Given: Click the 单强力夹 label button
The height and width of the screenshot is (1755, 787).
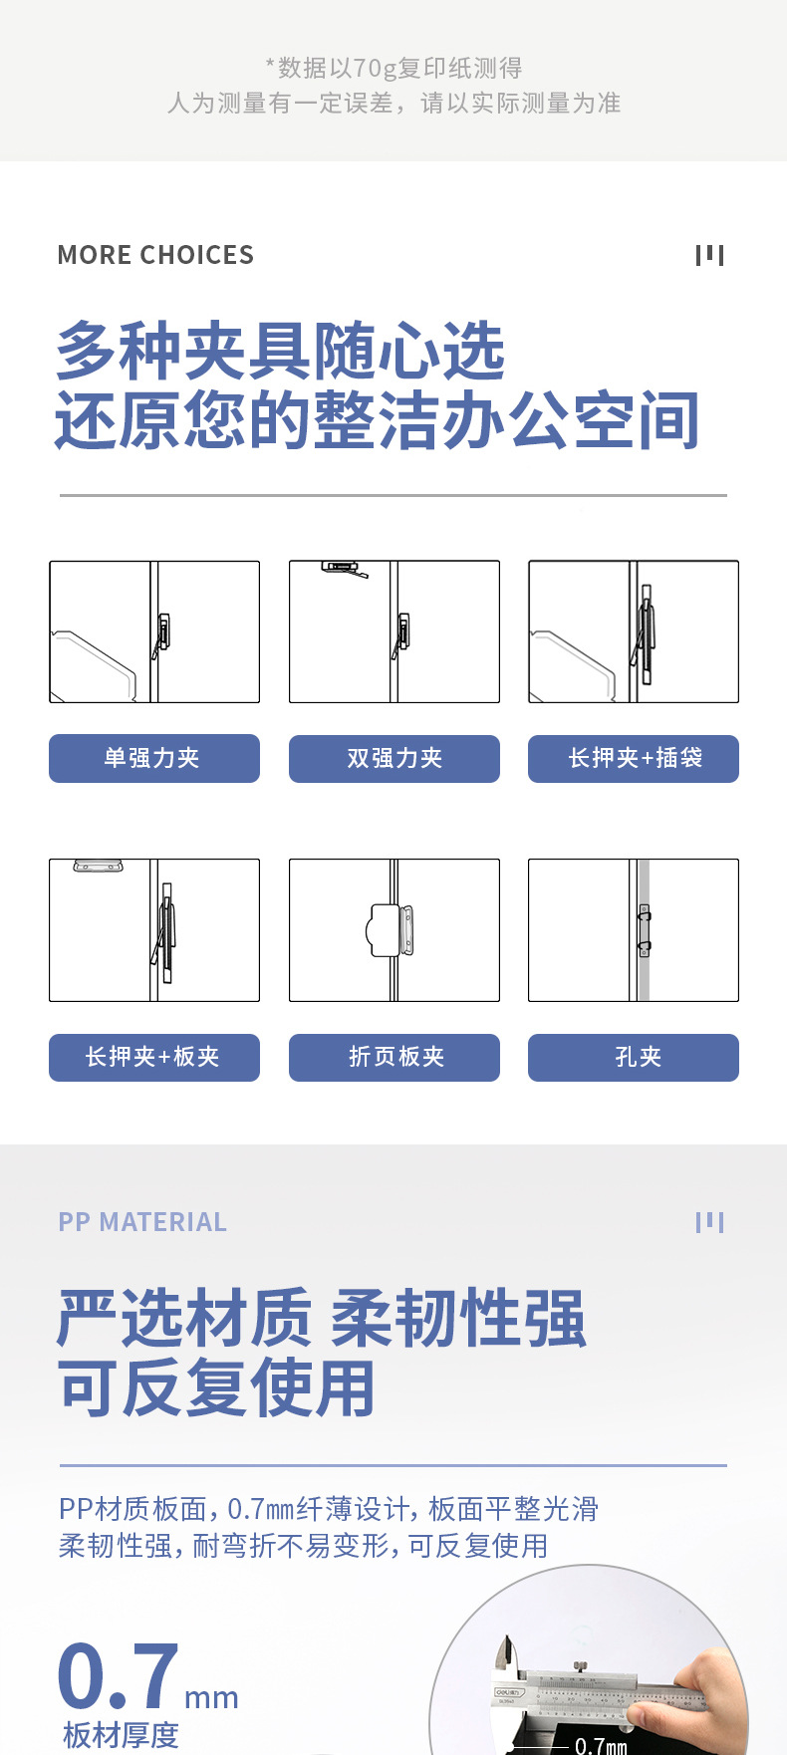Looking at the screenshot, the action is pyautogui.click(x=154, y=758).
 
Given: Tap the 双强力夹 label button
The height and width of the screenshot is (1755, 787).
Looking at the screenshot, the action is pyautogui.click(x=394, y=758).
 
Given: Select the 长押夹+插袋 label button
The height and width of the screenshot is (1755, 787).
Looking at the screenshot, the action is pyautogui.click(x=634, y=758).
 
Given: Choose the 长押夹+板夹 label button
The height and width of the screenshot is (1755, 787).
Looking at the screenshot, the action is pyautogui.click(x=154, y=1057).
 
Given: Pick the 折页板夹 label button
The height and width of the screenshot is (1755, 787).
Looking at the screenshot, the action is pyautogui.click(x=394, y=1057).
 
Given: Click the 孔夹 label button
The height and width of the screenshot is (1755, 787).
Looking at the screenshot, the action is pyautogui.click(x=634, y=1057).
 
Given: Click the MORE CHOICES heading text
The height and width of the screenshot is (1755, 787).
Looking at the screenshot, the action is pyautogui.click(x=155, y=255).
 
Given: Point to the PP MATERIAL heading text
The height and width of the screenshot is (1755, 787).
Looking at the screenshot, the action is pyautogui.click(x=142, y=1222).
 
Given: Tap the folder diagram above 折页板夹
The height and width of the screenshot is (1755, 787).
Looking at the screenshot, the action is pyautogui.click(x=394, y=930).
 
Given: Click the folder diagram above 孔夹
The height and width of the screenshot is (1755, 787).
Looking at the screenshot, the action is pyautogui.click(x=634, y=930).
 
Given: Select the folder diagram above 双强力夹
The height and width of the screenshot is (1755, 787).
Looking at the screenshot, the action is pyautogui.click(x=394, y=631).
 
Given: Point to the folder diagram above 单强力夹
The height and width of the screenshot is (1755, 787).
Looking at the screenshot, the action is pyautogui.click(x=154, y=631).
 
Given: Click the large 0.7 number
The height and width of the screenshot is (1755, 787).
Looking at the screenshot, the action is pyautogui.click(x=119, y=1676).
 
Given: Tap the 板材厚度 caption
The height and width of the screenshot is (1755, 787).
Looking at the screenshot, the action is pyautogui.click(x=121, y=1735).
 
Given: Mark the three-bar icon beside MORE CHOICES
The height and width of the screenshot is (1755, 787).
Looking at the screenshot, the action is pyautogui.click(x=709, y=255).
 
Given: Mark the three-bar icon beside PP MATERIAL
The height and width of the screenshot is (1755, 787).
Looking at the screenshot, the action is pyautogui.click(x=709, y=1222).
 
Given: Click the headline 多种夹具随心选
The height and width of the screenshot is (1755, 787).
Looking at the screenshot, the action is pyautogui.click(x=281, y=351).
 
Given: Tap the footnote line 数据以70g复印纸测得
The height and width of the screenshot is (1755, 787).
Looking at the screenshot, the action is pyautogui.click(x=394, y=68).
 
